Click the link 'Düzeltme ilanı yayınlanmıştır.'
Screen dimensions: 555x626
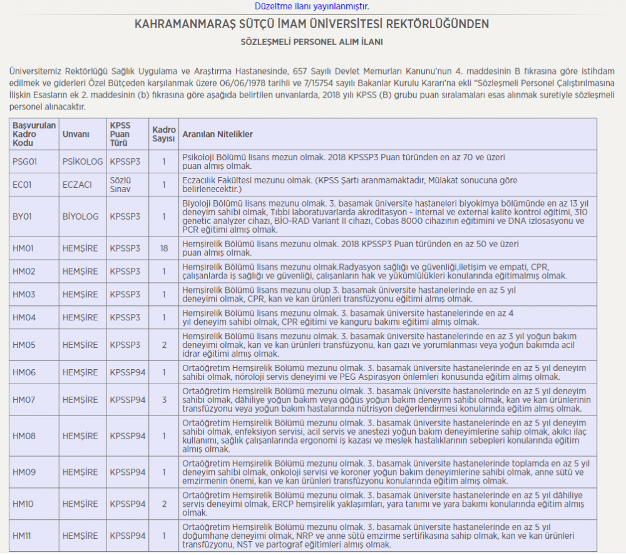312,6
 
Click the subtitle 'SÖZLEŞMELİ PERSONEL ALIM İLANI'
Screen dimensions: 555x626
312,42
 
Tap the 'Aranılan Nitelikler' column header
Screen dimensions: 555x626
217,135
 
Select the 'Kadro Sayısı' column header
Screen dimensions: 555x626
164,135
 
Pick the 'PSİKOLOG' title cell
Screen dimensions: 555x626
83,161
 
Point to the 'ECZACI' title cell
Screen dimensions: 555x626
77,185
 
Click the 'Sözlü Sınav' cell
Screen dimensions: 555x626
121,185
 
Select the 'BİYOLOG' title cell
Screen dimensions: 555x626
81,216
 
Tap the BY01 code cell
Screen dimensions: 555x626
23,216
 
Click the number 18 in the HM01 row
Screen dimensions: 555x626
164,248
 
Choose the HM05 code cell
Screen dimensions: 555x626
24,345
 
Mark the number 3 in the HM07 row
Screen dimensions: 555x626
164,399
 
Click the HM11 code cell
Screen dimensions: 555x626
23,536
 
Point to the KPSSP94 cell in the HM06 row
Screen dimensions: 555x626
128,372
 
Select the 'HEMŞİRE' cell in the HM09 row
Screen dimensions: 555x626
80,472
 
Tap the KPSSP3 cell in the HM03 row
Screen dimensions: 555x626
125,295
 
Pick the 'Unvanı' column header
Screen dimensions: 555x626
76,135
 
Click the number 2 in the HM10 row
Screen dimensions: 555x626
164,504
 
